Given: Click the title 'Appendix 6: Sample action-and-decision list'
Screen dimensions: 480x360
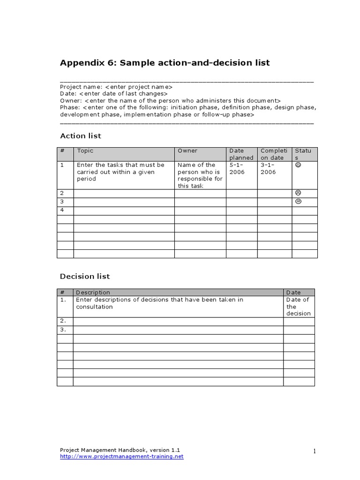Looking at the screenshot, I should [x=165, y=63].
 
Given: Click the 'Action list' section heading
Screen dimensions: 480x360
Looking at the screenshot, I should [x=81, y=136].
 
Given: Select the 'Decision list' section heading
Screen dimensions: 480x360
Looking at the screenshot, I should [x=85, y=277].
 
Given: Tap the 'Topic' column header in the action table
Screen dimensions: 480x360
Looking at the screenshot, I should [x=85, y=151].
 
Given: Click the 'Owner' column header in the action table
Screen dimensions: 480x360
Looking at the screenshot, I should [x=187, y=151].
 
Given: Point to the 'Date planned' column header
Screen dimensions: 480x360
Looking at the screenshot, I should [x=241, y=154].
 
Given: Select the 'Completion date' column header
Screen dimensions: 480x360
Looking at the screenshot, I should [x=274, y=154].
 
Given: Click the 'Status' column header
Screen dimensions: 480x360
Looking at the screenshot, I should [x=303, y=154].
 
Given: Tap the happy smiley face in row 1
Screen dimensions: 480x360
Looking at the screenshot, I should [x=298, y=165].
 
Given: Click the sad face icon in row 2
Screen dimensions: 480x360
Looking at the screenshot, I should [x=298, y=193].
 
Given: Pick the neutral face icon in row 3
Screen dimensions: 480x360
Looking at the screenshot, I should [x=298, y=202].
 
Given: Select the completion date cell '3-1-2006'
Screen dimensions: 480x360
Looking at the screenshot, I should [x=269, y=168].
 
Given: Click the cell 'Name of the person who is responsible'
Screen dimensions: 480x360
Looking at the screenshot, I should [x=200, y=175].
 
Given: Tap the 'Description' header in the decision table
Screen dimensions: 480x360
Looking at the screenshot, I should [x=93, y=292].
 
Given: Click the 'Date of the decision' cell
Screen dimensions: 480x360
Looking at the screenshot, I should [x=298, y=307].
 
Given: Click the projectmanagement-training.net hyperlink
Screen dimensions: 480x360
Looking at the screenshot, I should [x=122, y=457].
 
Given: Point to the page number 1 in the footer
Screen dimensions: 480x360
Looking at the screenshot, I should [x=315, y=451].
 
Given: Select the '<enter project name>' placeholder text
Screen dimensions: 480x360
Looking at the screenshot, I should [x=139, y=87].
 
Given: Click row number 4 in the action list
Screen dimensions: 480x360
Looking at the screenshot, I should [x=62, y=210].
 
